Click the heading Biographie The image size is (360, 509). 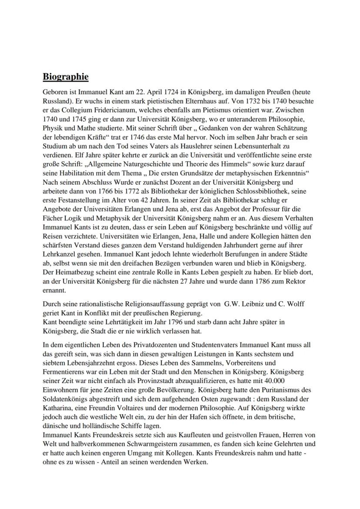click(x=66, y=77)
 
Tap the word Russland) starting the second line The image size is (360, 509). click(x=56, y=100)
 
